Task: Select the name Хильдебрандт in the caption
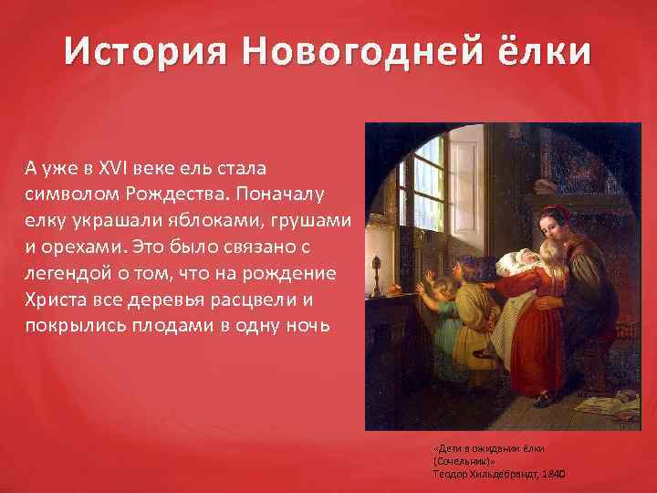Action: (x=496, y=476)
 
